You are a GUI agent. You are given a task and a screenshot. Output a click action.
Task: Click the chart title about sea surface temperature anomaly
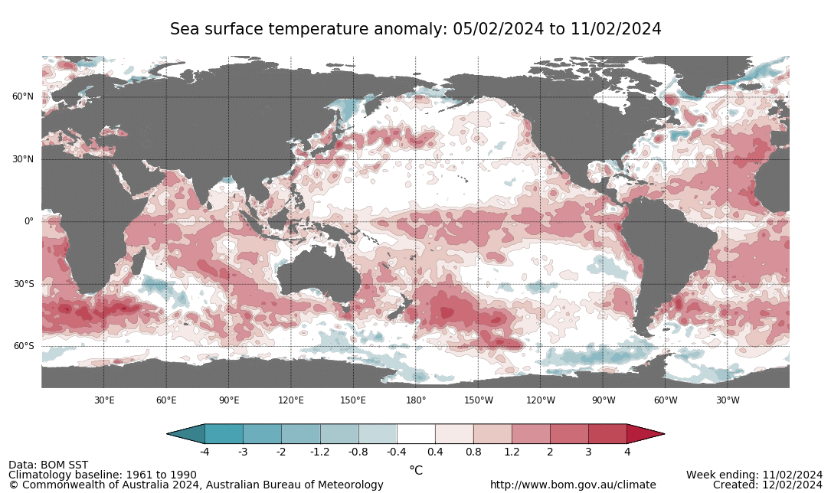(x=415, y=29)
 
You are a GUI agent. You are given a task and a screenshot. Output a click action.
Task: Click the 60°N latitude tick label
(x=22, y=96)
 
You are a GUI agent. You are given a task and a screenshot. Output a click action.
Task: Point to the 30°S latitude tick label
(x=22, y=284)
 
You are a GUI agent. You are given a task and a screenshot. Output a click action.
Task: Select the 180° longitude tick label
(x=416, y=400)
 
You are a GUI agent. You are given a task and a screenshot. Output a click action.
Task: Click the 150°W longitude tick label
(x=478, y=400)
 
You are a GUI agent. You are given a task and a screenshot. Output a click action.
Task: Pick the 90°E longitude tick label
(x=228, y=400)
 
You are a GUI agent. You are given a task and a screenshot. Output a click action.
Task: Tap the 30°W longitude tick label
(x=728, y=400)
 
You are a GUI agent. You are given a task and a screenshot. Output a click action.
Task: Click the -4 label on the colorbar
(x=204, y=452)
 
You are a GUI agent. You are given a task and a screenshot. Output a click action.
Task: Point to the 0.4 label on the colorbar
(x=435, y=452)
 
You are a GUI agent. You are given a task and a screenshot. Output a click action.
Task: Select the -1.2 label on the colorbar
(x=320, y=452)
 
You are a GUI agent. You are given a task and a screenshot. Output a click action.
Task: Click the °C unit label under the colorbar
(x=416, y=470)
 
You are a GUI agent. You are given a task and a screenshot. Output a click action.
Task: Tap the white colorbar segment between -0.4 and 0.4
(x=416, y=434)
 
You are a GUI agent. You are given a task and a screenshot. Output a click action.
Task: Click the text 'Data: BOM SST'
(x=48, y=465)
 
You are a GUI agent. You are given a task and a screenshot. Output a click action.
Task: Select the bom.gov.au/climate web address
(x=573, y=485)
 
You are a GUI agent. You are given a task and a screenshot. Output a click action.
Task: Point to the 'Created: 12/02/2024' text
(x=767, y=485)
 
